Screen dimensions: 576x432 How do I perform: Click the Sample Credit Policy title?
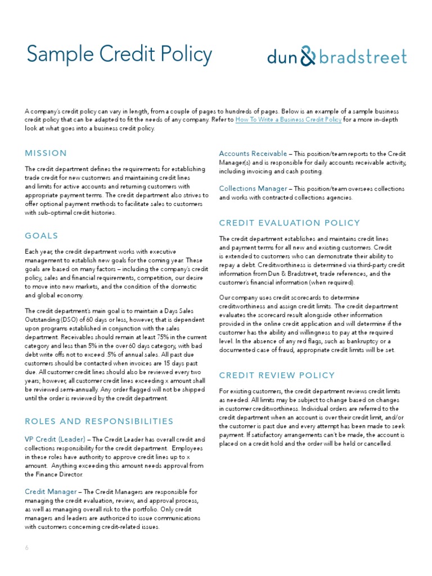click(119, 56)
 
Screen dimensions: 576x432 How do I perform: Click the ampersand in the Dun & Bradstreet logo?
click(308, 56)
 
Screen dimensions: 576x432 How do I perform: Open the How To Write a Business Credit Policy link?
click(288, 120)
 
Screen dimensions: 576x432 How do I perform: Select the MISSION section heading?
click(46, 153)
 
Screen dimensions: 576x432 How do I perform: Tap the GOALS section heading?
click(42, 236)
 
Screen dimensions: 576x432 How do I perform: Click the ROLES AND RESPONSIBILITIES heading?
click(99, 421)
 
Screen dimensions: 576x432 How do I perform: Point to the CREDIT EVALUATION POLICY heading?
click(289, 223)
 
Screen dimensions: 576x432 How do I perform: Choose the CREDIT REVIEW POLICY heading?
click(277, 375)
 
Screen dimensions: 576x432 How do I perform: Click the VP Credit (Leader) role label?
click(55, 439)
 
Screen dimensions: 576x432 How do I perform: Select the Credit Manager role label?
click(51, 492)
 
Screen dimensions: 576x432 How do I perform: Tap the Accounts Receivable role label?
click(253, 154)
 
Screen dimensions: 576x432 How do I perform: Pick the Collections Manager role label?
click(253, 188)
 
